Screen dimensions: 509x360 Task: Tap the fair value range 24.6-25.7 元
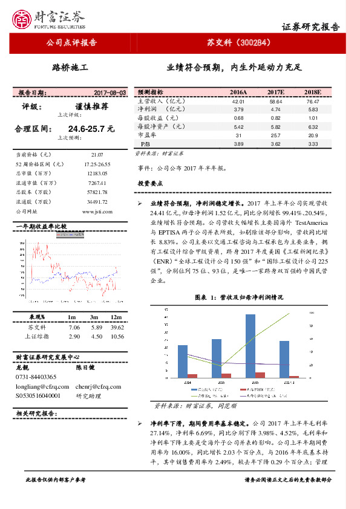(x=91, y=129)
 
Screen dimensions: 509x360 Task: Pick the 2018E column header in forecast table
(x=313, y=92)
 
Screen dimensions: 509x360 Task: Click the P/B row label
(x=145, y=144)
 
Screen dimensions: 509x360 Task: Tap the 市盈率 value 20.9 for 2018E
(x=313, y=135)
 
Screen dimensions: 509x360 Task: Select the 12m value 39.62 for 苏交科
(x=117, y=327)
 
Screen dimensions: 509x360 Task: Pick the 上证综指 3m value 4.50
(x=94, y=336)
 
